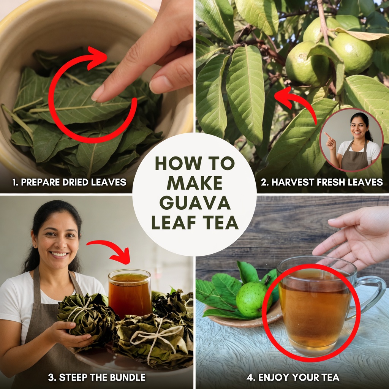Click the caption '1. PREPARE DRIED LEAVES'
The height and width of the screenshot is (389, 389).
click(x=69, y=182)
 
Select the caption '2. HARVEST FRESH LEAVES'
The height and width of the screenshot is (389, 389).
click(x=322, y=182)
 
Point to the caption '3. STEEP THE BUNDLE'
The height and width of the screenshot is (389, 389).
click(x=97, y=377)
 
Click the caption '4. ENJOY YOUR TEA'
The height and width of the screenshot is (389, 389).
click(x=293, y=377)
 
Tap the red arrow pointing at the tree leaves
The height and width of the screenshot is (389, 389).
click(x=295, y=102)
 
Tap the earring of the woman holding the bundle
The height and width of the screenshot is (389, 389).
click(x=35, y=246)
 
